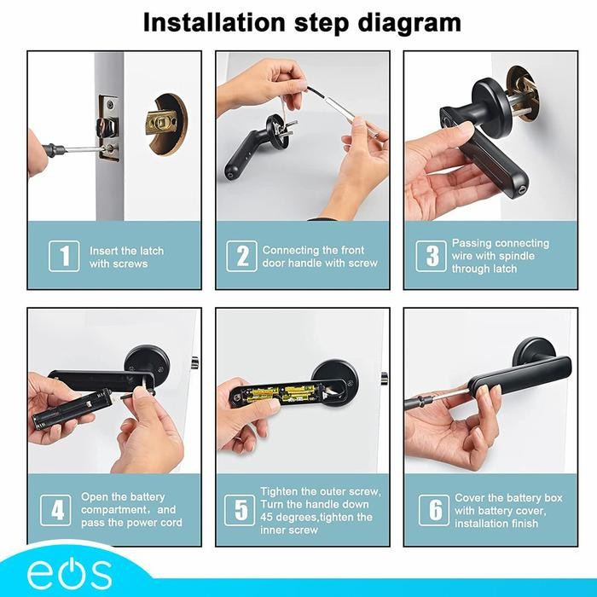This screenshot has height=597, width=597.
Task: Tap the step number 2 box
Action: (241, 257)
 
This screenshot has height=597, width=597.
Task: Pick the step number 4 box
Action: (57, 510)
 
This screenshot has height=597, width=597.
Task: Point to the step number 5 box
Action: (241, 510)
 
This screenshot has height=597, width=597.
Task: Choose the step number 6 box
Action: (433, 510)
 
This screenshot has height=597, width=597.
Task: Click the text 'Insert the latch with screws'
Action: (126, 258)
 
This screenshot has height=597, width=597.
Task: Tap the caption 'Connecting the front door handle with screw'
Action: (319, 257)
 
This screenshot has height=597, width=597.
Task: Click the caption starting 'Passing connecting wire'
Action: (500, 256)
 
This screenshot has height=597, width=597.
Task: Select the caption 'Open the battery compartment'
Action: (131, 509)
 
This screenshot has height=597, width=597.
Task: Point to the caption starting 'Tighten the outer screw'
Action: (320, 510)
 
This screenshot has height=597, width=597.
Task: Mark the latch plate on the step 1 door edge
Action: (108, 128)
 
